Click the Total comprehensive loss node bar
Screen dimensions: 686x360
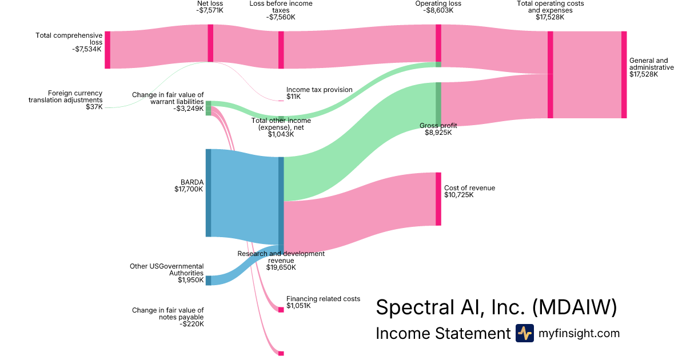107,50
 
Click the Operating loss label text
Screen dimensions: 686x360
438,4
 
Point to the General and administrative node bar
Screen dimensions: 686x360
624,75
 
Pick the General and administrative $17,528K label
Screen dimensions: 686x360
648,67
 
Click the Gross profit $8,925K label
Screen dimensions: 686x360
438,129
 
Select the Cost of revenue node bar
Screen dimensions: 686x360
438,198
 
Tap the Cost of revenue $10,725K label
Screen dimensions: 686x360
469,191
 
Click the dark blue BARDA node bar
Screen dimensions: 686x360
209,193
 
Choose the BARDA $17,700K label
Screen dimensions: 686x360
189,186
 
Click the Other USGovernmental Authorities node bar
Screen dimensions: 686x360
209,280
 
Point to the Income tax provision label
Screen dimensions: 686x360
319,93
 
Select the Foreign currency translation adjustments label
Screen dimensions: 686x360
66,99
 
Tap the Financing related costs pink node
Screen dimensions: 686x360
281,310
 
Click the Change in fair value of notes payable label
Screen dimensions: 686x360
167,317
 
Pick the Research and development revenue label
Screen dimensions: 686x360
281,260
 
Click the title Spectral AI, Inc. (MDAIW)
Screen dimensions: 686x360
496,307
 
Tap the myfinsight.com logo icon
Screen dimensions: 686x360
524,333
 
